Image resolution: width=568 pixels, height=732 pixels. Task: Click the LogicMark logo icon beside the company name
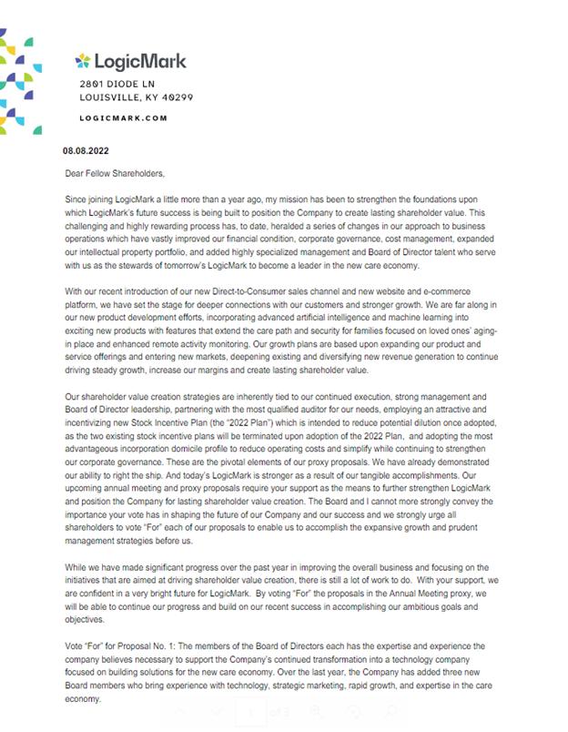84,62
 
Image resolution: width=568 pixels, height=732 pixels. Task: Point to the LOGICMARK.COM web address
124,117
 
